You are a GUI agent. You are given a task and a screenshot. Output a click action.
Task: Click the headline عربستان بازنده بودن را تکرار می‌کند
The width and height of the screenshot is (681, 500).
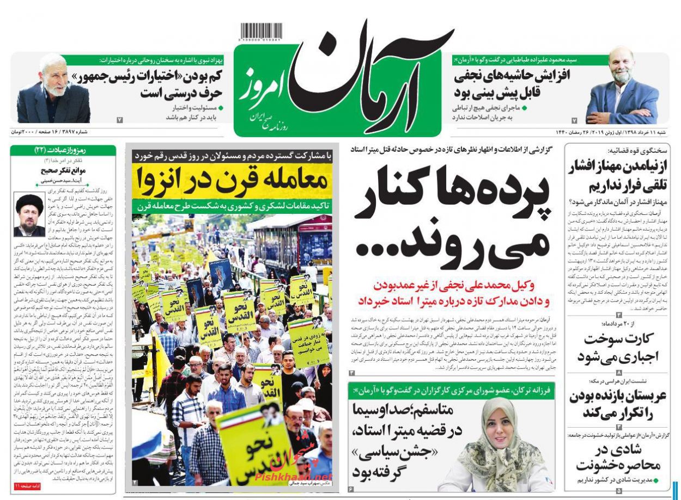pos(618,404)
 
